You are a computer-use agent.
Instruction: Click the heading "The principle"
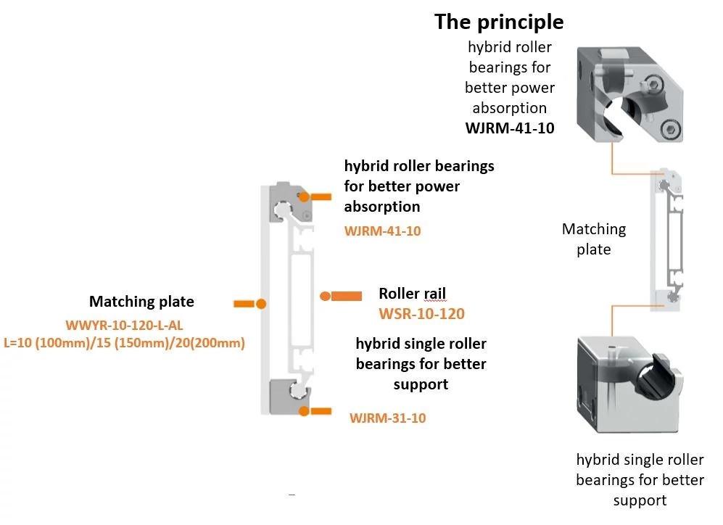(499, 22)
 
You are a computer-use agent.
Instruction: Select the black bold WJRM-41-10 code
(509, 128)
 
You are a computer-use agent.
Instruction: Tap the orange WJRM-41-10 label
(382, 231)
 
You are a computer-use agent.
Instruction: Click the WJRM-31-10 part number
(388, 418)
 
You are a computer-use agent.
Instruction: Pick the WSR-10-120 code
(421, 314)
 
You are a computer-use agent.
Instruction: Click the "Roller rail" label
(412, 294)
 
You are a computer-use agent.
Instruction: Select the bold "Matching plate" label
(141, 302)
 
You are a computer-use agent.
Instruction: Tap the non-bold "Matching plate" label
(593, 239)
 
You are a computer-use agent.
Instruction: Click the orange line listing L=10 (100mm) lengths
(124, 342)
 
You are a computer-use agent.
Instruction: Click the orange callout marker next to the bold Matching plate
(251, 303)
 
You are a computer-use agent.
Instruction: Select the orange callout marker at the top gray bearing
(315, 197)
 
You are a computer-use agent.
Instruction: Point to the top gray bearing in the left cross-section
(289, 203)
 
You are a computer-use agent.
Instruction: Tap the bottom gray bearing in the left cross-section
(289, 394)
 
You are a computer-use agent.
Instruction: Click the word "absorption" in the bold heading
(382, 207)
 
